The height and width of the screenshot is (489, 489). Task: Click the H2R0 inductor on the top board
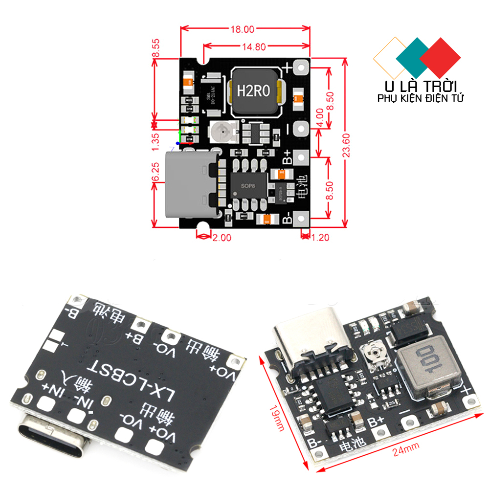(252, 91)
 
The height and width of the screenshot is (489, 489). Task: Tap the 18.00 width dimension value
(242, 29)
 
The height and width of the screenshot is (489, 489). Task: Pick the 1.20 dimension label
(320, 238)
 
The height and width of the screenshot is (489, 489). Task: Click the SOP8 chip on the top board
(248, 186)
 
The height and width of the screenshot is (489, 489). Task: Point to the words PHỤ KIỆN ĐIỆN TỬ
(421, 98)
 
